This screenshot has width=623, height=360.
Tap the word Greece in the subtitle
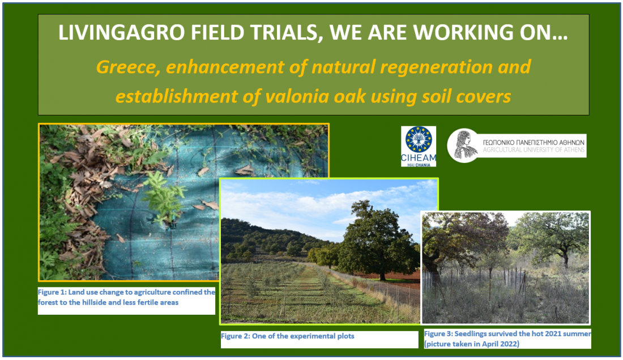tap(129, 67)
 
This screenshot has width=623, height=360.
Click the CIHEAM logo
tap(419, 146)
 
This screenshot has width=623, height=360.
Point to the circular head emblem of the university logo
tap(463, 145)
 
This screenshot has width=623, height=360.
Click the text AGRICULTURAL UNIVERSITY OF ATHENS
tap(534, 150)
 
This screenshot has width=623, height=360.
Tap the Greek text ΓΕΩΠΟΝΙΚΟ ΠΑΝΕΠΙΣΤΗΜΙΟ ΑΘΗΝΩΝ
tap(534, 142)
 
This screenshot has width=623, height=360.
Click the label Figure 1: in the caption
tap(52, 292)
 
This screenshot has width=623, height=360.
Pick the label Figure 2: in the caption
tap(235, 336)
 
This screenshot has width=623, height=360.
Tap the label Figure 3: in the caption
tap(438, 334)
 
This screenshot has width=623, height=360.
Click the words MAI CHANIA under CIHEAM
tap(419, 165)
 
